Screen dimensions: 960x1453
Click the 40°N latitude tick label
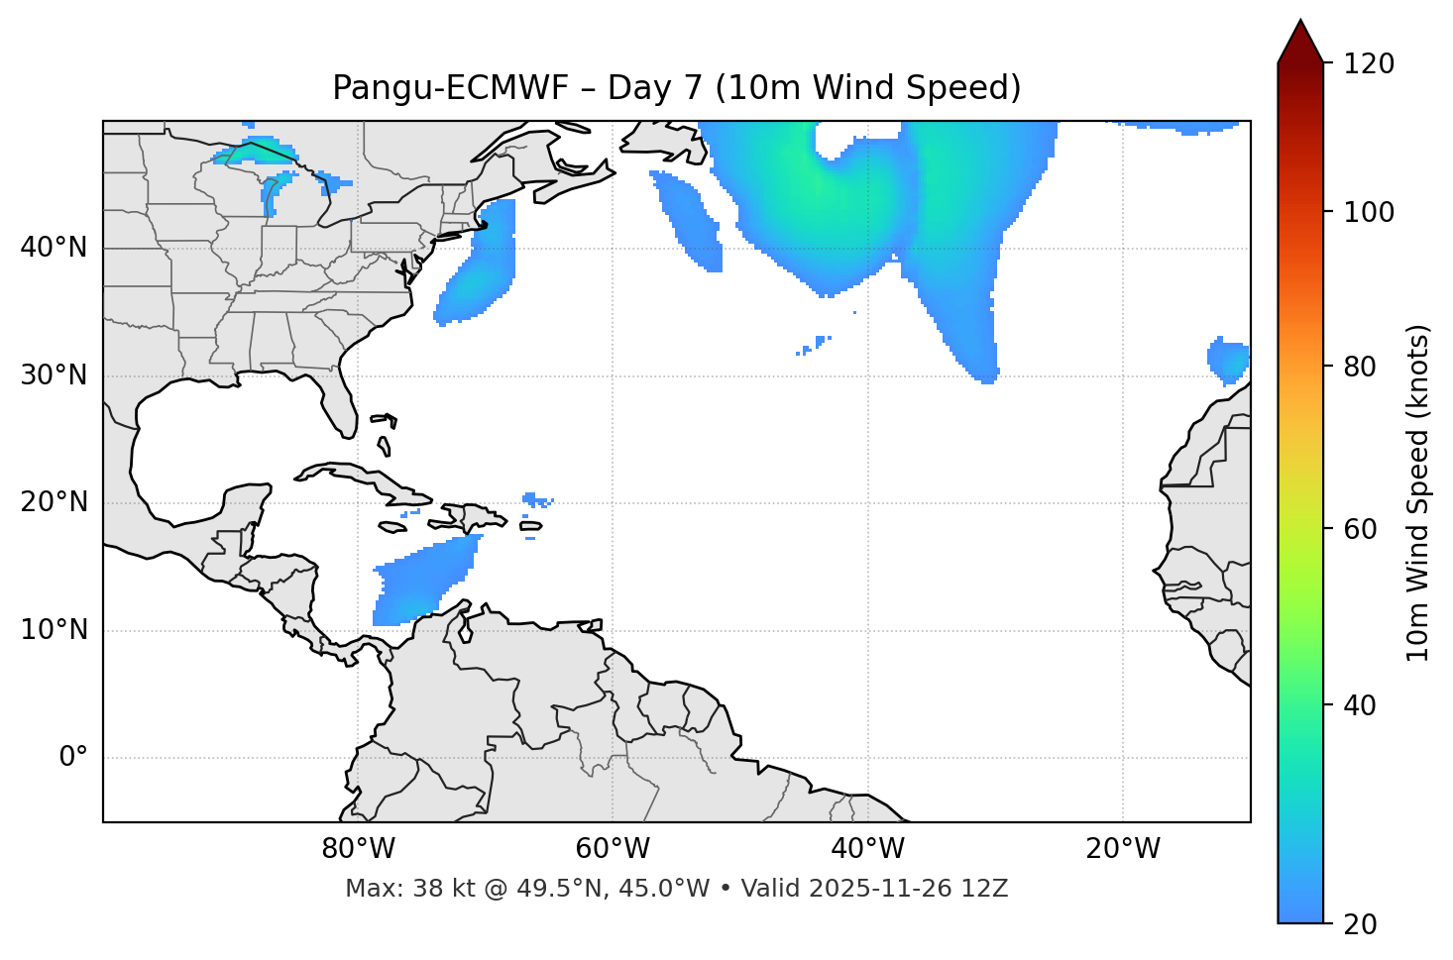54,248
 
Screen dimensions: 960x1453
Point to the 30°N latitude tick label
54,375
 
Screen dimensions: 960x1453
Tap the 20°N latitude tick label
54,502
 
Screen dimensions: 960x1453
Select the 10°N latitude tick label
54,630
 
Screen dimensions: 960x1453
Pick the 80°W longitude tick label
358,849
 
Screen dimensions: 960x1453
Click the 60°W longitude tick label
613,849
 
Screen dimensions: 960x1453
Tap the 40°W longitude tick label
867,849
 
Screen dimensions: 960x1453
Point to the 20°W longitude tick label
1122,849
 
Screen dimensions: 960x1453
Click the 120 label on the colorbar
1369,64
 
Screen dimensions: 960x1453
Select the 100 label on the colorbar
1369,212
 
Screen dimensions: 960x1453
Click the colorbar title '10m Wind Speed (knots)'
1418,492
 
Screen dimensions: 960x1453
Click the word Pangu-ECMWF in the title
450,88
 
